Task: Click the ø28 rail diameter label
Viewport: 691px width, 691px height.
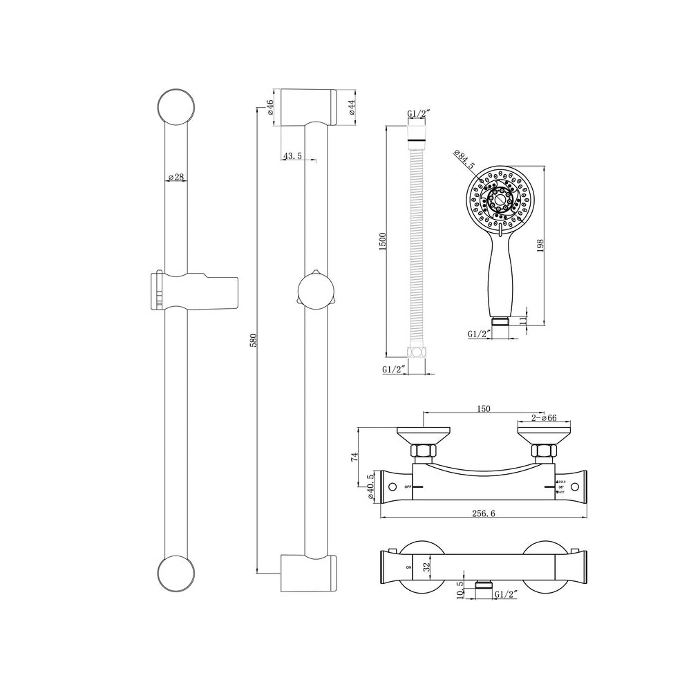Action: pos(176,177)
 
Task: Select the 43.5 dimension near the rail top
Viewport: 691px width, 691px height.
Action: pos(292,157)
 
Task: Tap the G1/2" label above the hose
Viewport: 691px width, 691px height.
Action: pos(419,114)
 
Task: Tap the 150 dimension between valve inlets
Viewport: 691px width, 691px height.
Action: pos(484,409)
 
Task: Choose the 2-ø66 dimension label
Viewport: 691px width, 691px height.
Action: pos(545,417)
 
